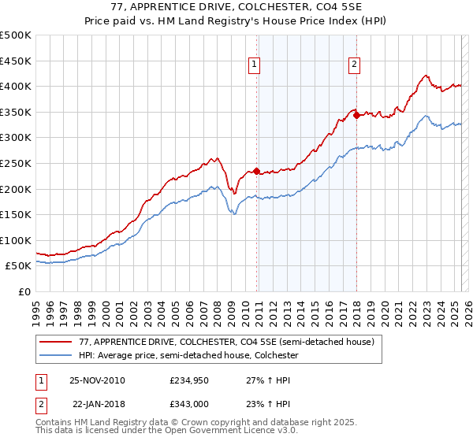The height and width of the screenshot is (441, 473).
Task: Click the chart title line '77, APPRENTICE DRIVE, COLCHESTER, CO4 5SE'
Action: pos(236,9)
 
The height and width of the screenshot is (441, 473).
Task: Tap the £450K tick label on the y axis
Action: pos(16,61)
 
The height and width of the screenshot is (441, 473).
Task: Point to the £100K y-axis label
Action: pos(16,240)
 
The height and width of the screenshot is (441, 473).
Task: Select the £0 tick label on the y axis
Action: pos(24,291)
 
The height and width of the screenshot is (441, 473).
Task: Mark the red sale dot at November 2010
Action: pos(257,171)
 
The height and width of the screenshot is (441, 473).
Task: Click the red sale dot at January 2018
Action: pos(356,115)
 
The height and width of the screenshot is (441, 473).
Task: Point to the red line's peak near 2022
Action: pos(426,76)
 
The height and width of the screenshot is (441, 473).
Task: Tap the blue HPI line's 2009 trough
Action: pos(234,213)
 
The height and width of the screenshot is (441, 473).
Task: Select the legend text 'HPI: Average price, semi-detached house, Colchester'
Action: pos(188,356)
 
